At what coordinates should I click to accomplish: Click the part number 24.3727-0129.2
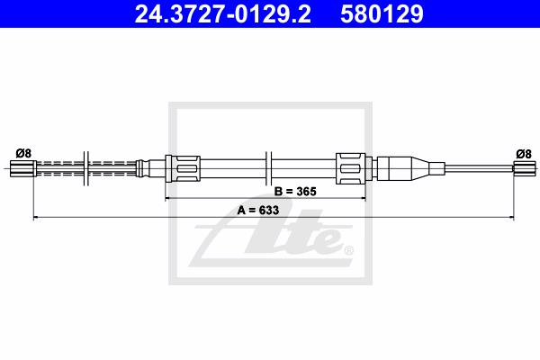click(222, 13)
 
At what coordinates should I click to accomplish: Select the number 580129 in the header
click(382, 13)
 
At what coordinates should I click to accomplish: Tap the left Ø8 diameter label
click(23, 153)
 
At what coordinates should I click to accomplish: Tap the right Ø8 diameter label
click(524, 154)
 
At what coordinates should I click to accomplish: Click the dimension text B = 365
click(295, 191)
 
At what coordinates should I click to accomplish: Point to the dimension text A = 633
click(258, 210)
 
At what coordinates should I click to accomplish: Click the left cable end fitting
click(22, 168)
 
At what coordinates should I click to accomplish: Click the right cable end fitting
click(524, 168)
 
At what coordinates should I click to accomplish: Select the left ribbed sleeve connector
click(183, 168)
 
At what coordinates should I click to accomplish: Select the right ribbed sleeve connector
click(351, 168)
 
